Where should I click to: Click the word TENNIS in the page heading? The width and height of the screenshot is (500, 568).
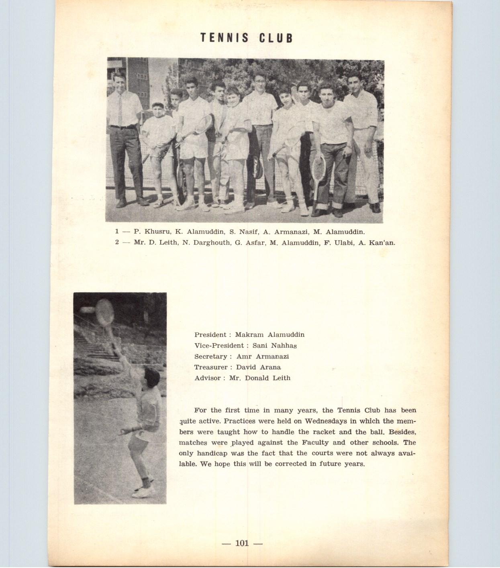point(224,38)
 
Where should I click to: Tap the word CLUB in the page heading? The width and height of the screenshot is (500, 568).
point(276,38)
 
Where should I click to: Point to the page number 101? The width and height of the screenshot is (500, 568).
point(242,543)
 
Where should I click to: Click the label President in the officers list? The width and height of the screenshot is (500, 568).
point(210,334)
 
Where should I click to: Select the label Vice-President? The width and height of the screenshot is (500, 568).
point(219,345)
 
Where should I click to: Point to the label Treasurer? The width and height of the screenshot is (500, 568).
point(211,367)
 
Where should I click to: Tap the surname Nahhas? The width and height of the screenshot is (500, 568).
point(284,345)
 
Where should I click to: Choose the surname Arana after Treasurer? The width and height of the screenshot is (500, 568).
point(269,367)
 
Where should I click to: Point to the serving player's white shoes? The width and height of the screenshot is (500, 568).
point(143,491)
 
